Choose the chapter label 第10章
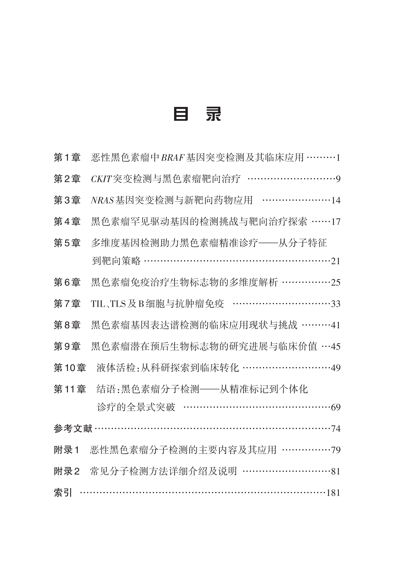[x=70, y=368]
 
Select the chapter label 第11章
[x=70, y=389]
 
